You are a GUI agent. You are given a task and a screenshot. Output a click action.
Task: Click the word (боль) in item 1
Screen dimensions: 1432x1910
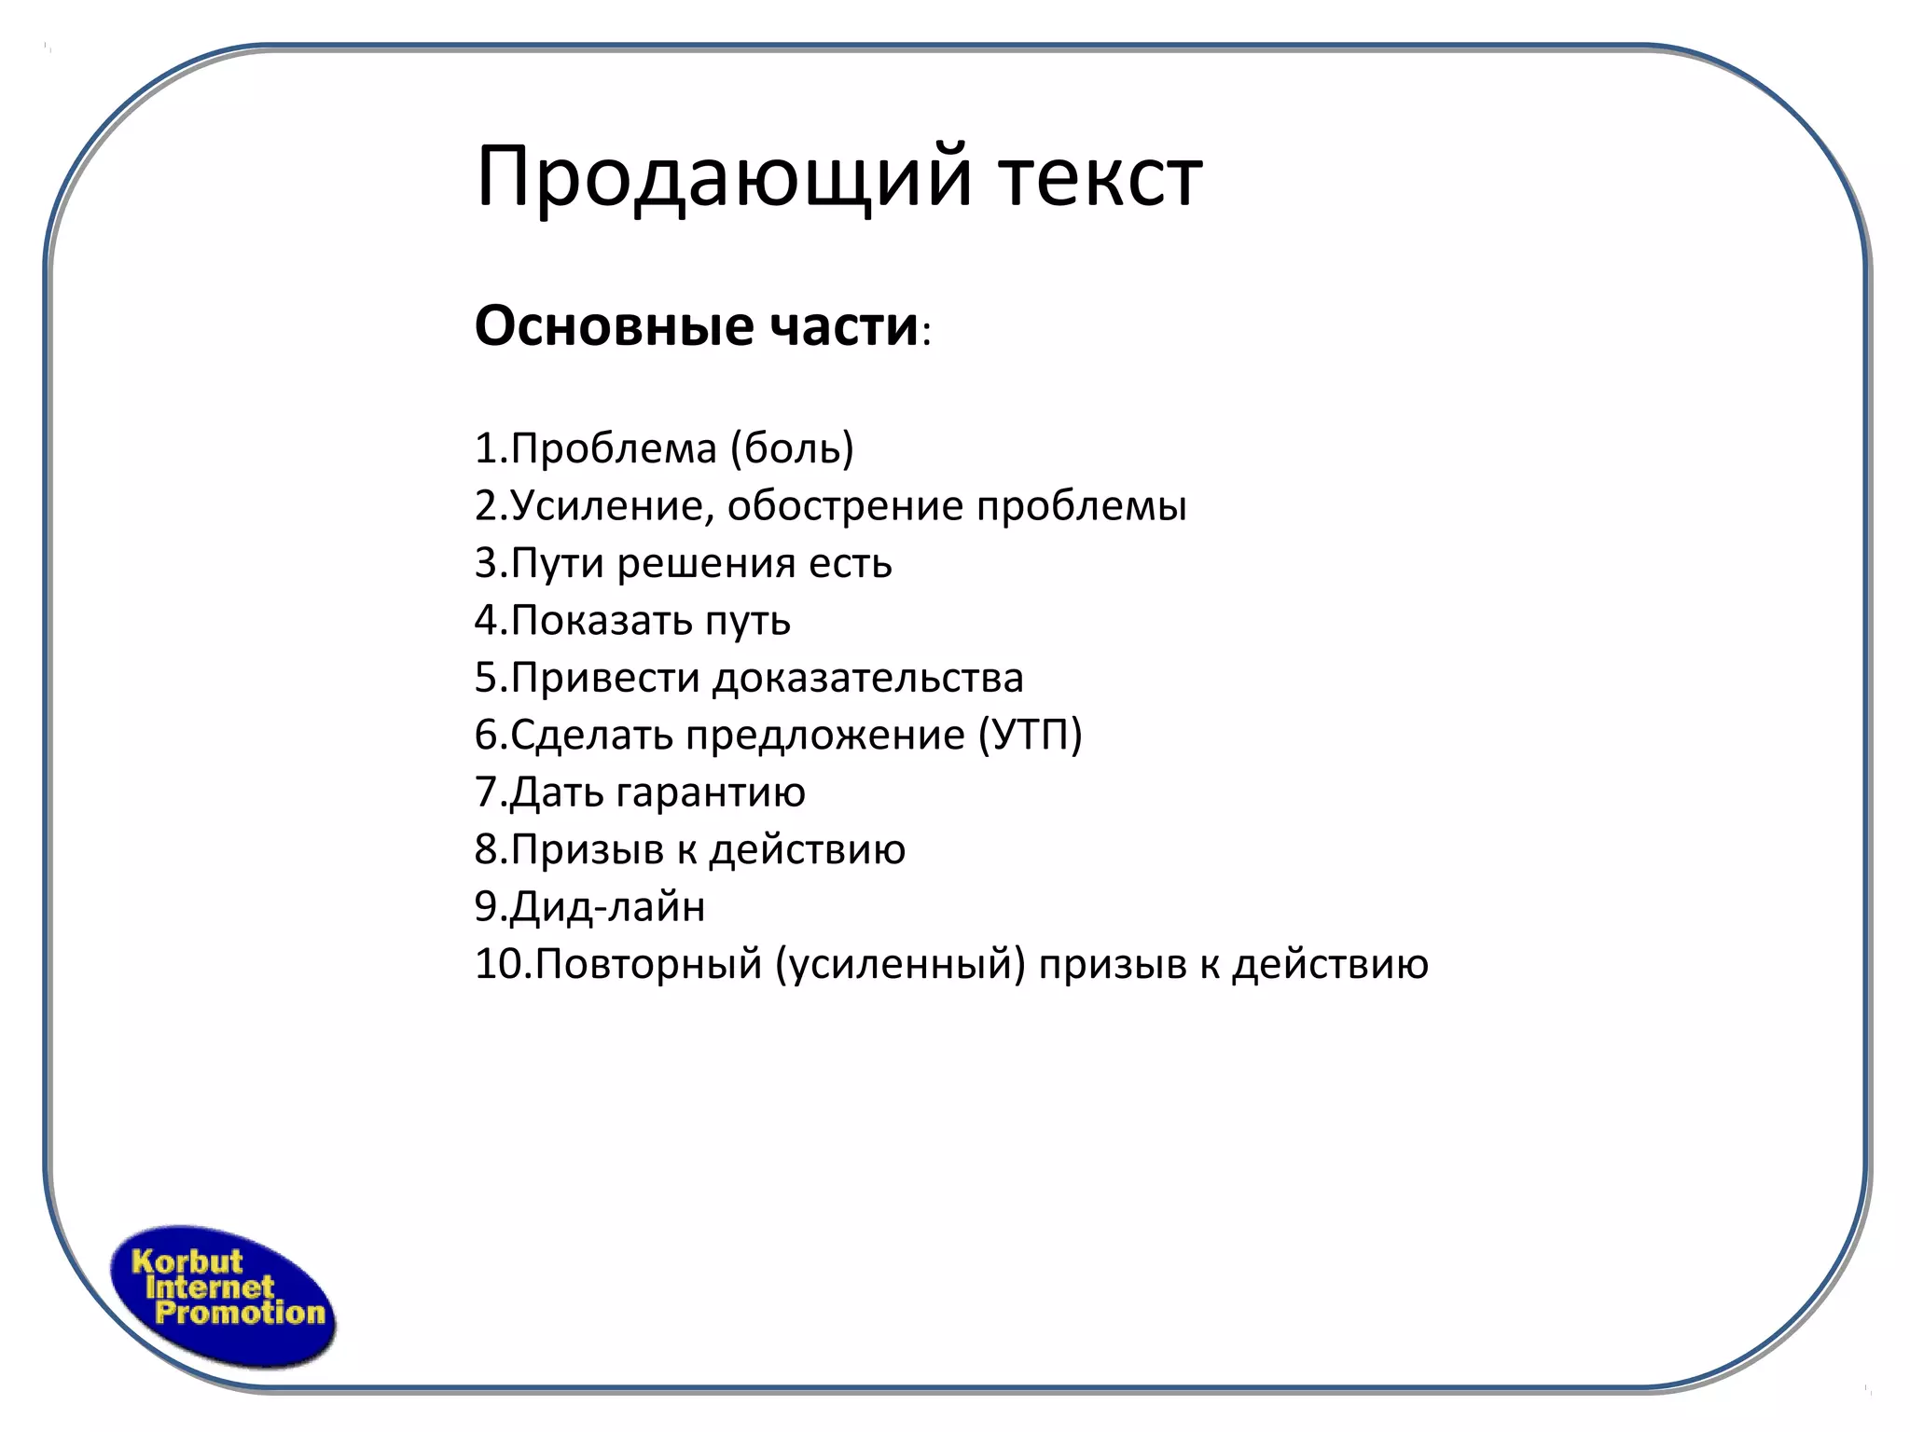792,448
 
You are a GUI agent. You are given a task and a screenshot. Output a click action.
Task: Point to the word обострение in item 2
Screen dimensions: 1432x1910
846,506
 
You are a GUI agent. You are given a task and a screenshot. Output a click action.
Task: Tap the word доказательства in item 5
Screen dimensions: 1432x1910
868,678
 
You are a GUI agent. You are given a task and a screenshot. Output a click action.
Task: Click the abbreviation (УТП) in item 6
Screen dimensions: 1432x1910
1031,735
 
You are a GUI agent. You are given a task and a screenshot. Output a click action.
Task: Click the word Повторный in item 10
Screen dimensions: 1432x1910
649,964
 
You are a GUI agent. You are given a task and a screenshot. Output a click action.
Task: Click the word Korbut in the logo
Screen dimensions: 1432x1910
187,1262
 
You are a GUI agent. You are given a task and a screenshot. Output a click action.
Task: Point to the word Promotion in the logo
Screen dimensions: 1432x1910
240,1314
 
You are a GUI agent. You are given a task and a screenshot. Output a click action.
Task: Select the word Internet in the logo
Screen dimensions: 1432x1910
210,1288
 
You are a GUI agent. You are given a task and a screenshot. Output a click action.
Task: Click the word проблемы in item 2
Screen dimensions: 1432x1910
1082,506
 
